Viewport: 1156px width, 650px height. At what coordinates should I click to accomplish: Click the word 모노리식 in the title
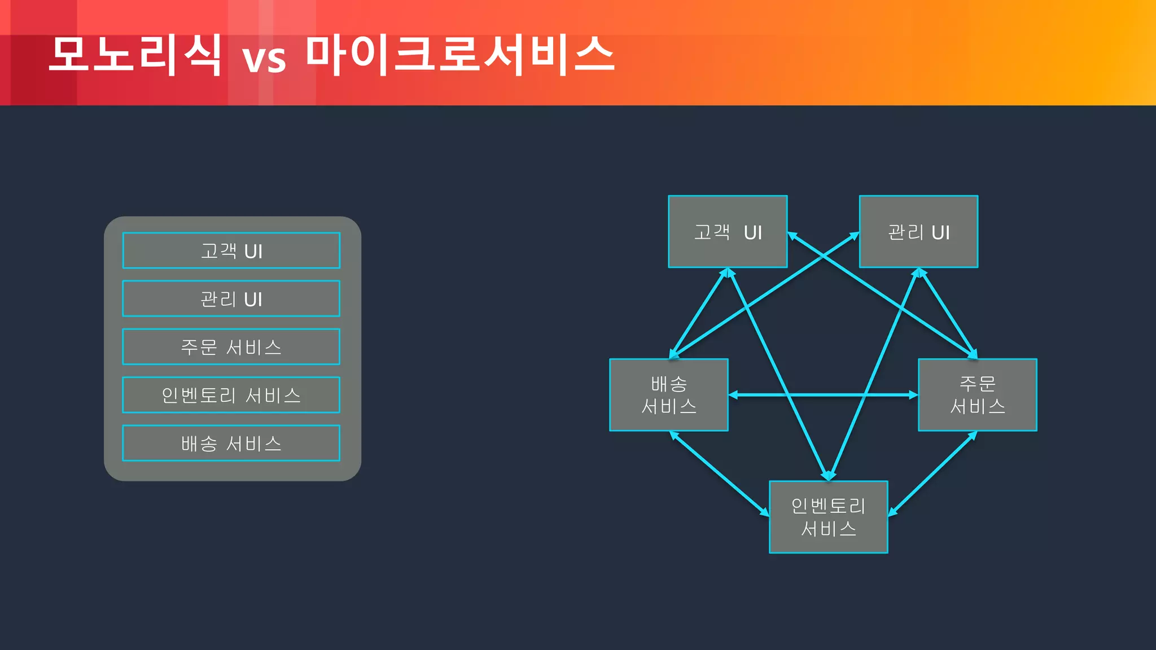(134, 55)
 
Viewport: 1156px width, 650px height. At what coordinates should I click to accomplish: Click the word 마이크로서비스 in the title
(460, 55)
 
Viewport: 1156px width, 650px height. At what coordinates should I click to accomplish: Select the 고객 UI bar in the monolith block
(231, 251)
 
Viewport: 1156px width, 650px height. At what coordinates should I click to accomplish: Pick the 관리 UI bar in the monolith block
(231, 298)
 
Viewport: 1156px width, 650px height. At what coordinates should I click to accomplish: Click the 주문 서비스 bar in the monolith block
(231, 346)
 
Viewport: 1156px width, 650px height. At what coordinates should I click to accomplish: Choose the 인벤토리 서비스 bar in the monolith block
(231, 395)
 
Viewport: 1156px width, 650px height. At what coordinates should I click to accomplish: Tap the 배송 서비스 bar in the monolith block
(231, 443)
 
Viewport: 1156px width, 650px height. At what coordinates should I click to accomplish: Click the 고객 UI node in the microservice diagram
(727, 231)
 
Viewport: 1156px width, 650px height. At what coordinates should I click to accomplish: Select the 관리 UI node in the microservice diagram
(918, 231)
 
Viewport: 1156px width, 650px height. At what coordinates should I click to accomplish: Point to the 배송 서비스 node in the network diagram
(668, 395)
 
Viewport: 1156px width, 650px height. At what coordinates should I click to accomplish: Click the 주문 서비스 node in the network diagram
(977, 395)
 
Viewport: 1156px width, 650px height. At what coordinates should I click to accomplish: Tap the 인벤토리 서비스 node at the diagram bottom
(828, 517)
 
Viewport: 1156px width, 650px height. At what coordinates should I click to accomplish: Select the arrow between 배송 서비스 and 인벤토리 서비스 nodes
(719, 474)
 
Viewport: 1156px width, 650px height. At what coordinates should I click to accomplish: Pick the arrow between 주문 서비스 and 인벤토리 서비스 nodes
(932, 474)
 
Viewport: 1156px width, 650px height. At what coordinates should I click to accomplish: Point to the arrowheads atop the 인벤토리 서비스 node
(828, 476)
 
